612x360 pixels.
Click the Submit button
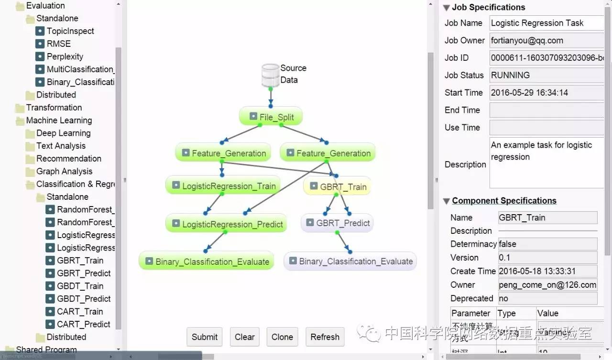tap(205, 337)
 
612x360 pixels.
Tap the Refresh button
tap(325, 337)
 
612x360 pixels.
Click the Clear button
tap(244, 337)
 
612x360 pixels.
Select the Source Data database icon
tap(271, 75)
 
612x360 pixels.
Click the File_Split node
tap(271, 117)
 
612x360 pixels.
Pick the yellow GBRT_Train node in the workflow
tap(337, 187)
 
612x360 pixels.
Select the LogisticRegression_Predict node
tap(226, 224)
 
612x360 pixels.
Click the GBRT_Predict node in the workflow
tap(337, 223)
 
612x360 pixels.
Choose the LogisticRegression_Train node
tap(222, 186)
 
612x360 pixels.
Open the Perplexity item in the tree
tap(65, 56)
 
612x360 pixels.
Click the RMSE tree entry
tap(58, 44)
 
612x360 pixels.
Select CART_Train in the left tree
tap(80, 311)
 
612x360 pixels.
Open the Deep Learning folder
tap(63, 133)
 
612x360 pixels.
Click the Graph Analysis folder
tap(64, 171)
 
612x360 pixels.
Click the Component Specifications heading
tap(504, 201)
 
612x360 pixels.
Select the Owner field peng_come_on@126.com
tap(547, 285)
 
